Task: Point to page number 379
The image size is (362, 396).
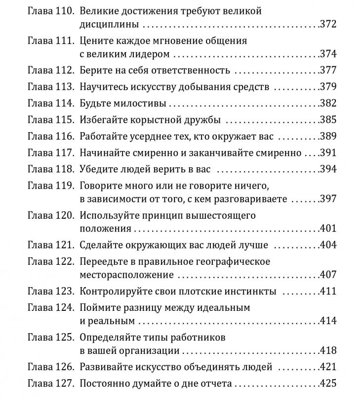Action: click(328, 87)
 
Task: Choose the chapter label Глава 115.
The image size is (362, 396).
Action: click(50, 120)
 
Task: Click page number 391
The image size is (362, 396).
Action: click(328, 153)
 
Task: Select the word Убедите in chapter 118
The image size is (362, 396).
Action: click(98, 169)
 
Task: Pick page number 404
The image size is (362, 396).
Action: click(328, 245)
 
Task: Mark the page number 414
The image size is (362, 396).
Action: click(328, 321)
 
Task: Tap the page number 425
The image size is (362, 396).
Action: click(328, 383)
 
